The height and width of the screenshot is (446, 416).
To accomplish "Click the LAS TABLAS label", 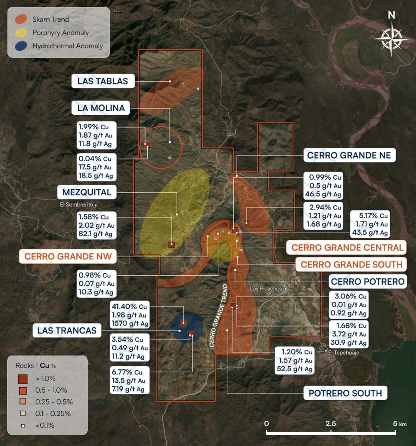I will [x=103, y=81].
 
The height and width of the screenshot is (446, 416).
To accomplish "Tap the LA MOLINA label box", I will [x=101, y=108].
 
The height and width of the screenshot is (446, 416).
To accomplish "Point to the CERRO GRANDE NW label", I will [x=68, y=256].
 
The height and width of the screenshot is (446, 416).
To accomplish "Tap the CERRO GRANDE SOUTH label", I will [x=351, y=264].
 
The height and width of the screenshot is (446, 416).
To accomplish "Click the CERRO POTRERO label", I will [x=368, y=281].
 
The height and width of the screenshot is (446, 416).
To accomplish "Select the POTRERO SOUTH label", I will [x=345, y=393].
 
